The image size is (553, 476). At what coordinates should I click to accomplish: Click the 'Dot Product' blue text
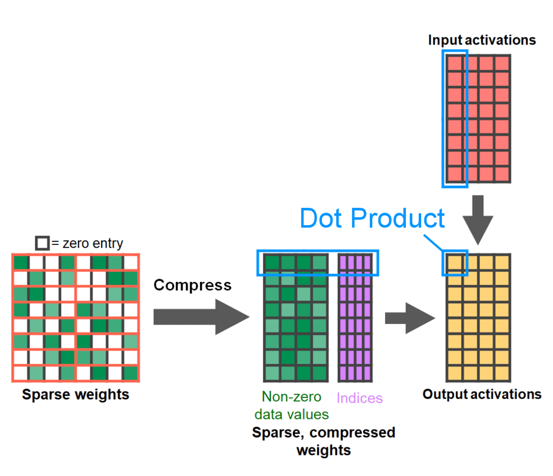(372, 219)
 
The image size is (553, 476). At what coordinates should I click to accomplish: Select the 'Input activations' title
(482, 40)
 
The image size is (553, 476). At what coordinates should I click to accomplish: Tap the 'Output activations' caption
(482, 394)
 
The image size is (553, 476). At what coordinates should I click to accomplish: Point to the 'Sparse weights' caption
(75, 394)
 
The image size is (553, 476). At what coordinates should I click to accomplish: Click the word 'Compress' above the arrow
(192, 285)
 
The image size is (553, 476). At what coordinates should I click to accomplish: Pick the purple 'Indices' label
(359, 398)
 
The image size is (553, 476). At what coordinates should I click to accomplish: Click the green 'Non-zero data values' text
(291, 405)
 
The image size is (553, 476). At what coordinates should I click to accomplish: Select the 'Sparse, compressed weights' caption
(323, 441)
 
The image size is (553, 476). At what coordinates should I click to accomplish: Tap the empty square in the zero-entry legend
(42, 243)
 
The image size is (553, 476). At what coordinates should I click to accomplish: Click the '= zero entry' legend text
(87, 243)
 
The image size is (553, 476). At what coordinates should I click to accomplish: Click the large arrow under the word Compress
(200, 317)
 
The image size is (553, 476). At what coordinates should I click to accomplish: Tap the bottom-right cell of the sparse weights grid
(131, 373)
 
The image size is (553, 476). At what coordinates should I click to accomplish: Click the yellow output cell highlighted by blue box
(455, 262)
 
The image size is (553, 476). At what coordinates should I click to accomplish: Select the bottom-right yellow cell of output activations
(502, 373)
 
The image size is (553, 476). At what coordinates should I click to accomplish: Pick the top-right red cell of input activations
(502, 63)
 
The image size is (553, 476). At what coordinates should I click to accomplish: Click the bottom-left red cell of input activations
(455, 174)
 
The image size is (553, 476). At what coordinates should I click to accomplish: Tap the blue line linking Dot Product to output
(433, 242)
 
